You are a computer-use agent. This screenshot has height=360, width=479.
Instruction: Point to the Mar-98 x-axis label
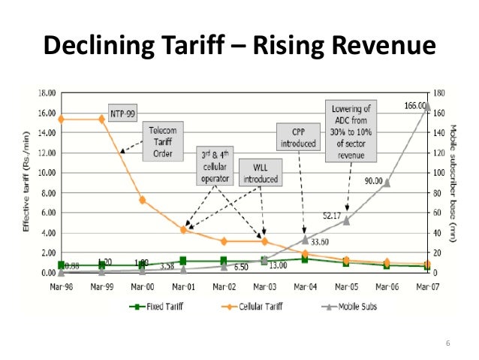[x=61, y=286]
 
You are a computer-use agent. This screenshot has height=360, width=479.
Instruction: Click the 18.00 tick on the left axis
[x=47, y=93]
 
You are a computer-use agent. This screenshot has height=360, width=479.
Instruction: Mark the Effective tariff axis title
[x=26, y=184]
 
